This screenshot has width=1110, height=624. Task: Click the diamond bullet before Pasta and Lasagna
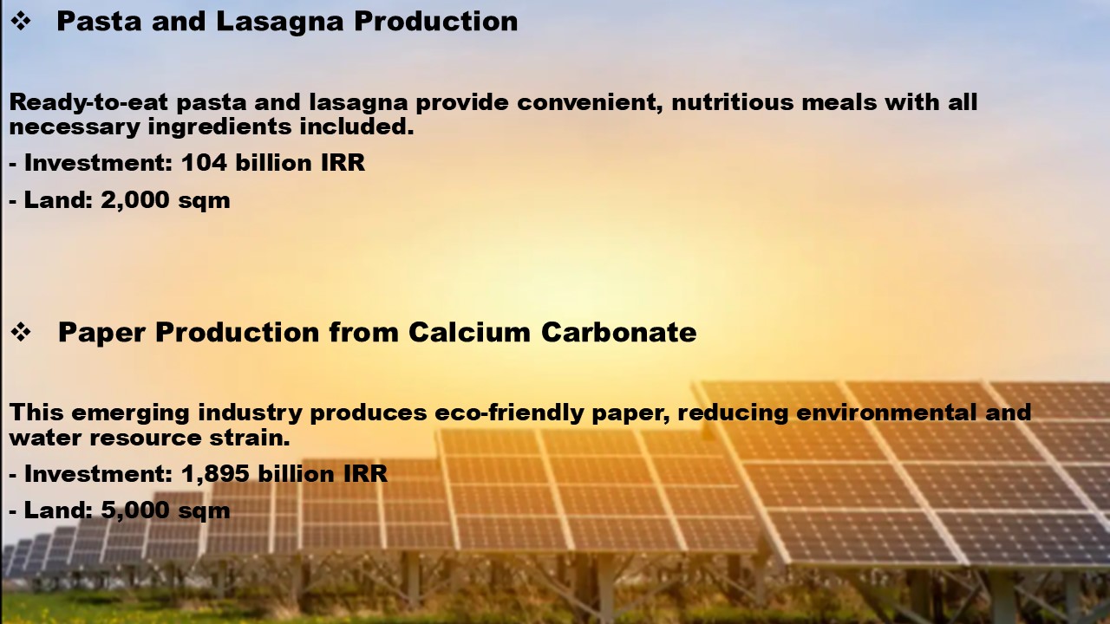pos(21,22)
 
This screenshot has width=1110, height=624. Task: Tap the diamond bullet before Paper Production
pos(21,332)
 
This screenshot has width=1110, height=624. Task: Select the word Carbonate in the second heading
pos(619,332)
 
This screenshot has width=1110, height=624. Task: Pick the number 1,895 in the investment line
pos(215,473)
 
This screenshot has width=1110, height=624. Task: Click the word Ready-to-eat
pos(89,102)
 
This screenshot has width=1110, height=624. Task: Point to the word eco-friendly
pos(509,413)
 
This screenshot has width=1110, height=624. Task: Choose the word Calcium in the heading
pos(469,332)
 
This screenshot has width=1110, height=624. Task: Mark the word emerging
pos(130,413)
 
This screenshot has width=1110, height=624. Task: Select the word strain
pos(249,438)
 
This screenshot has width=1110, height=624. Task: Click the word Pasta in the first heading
pos(99,22)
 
